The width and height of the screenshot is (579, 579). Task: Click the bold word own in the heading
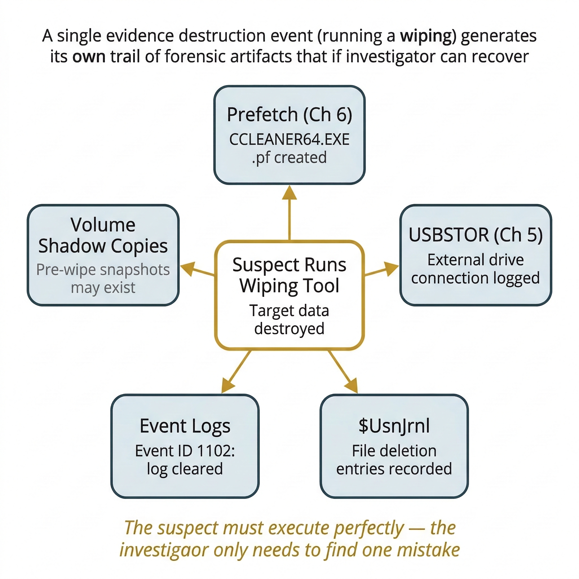[89, 57]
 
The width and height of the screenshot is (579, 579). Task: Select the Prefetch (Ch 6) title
[289, 114]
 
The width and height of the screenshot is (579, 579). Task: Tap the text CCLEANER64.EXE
[289, 140]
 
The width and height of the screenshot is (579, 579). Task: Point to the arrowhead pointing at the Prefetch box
[289, 193]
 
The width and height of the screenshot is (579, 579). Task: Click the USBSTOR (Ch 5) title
[476, 235]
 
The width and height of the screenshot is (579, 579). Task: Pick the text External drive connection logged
[476, 269]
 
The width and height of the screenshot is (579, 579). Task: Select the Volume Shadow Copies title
[103, 235]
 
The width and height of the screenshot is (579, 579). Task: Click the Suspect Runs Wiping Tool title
[289, 275]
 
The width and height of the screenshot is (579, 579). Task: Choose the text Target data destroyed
[289, 319]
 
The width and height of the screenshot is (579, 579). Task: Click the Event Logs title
[185, 426]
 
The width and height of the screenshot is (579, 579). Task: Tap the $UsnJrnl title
[394, 426]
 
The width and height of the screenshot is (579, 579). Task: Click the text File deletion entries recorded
[394, 460]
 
